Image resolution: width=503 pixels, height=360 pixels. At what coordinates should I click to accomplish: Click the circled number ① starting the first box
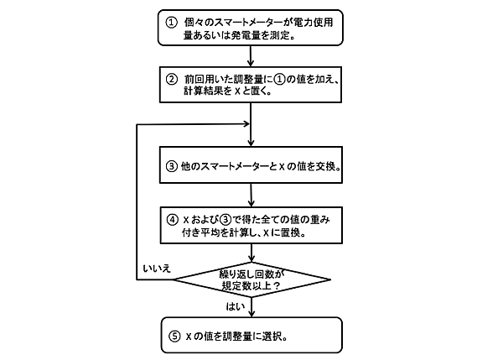(171, 19)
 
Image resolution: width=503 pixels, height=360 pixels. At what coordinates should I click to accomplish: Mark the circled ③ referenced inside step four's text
(222, 219)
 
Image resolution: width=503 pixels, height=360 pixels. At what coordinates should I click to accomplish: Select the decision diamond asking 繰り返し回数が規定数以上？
(252, 279)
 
